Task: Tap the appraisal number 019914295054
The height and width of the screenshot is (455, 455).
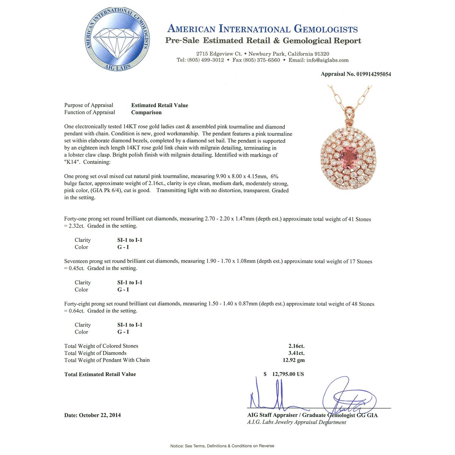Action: tap(373, 74)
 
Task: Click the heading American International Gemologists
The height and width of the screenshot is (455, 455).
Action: tap(262, 29)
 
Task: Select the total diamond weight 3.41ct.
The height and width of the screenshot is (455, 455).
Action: tap(296, 353)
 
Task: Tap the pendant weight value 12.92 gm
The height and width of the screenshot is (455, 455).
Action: tap(293, 360)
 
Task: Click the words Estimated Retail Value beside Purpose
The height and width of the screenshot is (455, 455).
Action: tap(160, 105)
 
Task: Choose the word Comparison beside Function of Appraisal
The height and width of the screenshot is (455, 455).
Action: tap(146, 113)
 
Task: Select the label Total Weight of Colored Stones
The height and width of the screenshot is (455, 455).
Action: tap(101, 346)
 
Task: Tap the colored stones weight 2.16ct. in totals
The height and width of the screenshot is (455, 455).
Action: tap(296, 346)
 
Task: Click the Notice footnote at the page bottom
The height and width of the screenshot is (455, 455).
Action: tap(222, 446)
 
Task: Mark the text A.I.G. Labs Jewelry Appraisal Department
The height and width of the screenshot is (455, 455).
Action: tap(297, 422)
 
